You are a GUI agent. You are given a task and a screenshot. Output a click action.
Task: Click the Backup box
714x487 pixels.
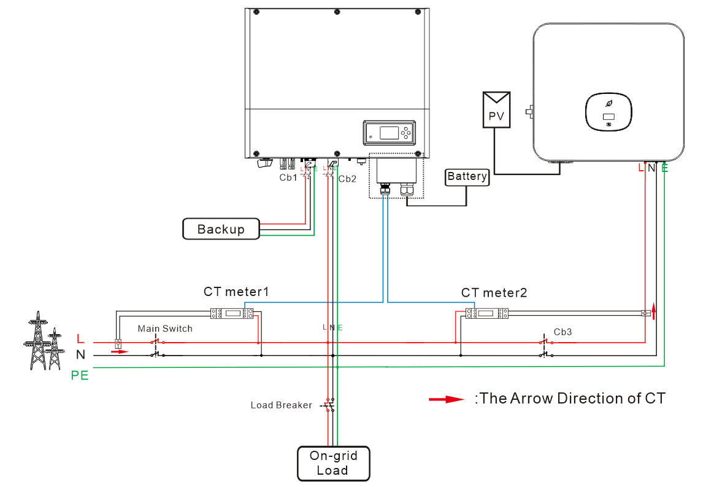click(221, 229)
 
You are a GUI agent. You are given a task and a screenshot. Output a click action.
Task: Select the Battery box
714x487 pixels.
click(467, 177)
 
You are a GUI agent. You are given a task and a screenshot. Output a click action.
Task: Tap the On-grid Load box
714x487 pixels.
click(333, 463)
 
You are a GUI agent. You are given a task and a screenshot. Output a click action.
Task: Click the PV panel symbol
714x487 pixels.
click(496, 109)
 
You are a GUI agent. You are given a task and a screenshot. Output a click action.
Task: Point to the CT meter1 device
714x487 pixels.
click(232, 313)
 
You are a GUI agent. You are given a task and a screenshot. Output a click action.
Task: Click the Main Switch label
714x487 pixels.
click(165, 329)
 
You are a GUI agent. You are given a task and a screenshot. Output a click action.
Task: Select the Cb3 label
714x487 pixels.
click(562, 332)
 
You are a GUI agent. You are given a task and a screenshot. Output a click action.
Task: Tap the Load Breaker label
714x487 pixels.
click(281, 405)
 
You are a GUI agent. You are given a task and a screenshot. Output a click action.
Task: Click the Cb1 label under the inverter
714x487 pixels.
click(288, 178)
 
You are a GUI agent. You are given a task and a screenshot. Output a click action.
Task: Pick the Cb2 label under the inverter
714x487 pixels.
click(347, 179)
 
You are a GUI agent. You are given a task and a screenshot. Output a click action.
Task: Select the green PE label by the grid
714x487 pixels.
click(80, 375)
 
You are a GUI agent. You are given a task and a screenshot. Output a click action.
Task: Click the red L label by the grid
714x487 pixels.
click(80, 338)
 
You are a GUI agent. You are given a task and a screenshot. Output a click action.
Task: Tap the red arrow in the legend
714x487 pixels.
click(446, 399)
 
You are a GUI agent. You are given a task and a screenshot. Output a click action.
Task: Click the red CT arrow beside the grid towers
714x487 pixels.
click(120, 352)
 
